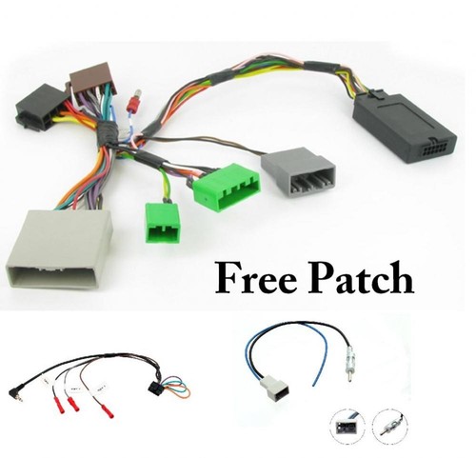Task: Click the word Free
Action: (256, 278)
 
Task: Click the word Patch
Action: (361, 278)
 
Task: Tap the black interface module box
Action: (404, 126)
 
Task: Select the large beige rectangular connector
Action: (59, 249)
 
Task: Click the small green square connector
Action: (162, 223)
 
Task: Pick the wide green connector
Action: (227, 187)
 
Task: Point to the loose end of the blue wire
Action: (313, 385)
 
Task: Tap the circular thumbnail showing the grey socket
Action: (347, 428)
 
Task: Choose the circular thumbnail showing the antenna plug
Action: (389, 426)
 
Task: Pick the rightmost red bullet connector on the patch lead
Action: (107, 410)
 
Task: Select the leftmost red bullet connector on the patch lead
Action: (56, 403)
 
